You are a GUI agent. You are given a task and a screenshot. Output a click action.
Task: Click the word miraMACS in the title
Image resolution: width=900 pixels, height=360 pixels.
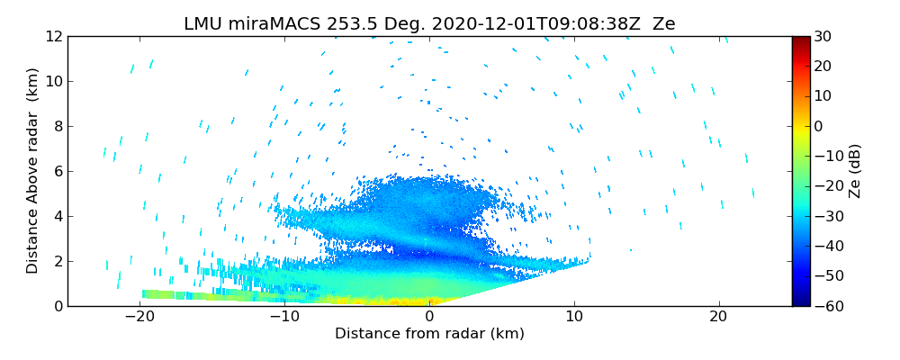(269, 24)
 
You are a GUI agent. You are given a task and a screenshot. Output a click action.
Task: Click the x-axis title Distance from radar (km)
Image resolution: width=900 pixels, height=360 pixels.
(429, 334)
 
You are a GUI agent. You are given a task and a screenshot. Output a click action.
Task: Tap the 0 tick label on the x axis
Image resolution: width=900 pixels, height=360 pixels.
(429, 317)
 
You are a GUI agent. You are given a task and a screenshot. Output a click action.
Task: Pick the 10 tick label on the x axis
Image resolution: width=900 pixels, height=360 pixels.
(574, 317)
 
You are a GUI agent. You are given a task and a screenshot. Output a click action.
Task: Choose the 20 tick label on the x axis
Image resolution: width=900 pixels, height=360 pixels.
(718, 317)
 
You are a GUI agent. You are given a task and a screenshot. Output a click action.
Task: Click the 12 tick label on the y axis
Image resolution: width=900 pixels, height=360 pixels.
(53, 36)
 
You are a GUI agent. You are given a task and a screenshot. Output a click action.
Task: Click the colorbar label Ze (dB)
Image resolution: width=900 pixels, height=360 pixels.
(855, 171)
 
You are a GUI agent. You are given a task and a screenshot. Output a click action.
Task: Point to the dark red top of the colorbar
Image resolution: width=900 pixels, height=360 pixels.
(800, 40)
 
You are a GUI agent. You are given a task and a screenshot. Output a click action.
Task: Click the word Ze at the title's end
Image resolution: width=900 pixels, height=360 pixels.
(663, 24)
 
